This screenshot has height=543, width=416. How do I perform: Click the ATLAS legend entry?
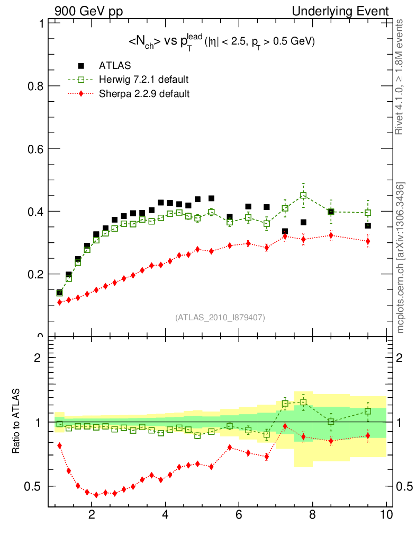click(x=112, y=66)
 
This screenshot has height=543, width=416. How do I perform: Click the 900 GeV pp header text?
click(x=88, y=11)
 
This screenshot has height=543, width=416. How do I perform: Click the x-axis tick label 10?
click(x=386, y=514)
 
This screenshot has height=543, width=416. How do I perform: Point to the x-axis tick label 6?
click(x=239, y=514)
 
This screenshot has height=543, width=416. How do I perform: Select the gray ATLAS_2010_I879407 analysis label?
click(x=220, y=317)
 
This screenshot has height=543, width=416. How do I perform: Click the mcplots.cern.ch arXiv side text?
click(x=401, y=258)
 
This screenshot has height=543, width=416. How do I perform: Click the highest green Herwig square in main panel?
click(x=303, y=195)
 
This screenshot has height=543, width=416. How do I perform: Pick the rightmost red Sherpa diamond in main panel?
click(x=368, y=241)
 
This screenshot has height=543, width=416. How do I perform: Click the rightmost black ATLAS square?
click(x=368, y=226)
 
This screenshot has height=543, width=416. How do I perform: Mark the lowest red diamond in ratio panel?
click(x=96, y=495)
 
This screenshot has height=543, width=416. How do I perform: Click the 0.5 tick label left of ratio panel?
click(x=35, y=486)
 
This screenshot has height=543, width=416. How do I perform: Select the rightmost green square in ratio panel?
click(x=368, y=411)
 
